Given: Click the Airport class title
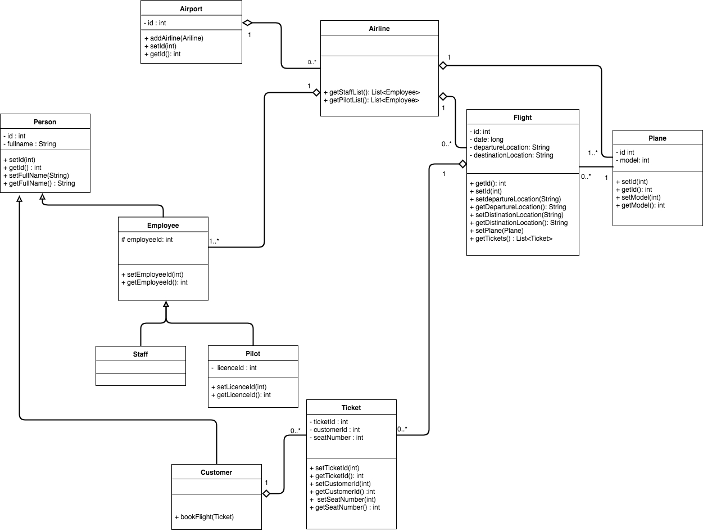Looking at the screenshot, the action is click(191, 9).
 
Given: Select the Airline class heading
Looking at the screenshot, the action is click(379, 29).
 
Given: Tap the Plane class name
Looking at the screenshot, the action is click(657, 138).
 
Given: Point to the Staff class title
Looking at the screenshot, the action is click(140, 354).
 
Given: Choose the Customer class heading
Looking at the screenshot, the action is click(216, 472).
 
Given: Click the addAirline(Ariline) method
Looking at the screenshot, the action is click(174, 38).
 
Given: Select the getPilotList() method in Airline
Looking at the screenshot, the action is click(371, 100).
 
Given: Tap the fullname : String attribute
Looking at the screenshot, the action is click(30, 144).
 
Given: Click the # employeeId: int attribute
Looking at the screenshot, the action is click(147, 240).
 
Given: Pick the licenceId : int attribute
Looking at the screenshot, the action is click(234, 367).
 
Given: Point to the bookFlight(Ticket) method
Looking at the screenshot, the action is click(205, 516).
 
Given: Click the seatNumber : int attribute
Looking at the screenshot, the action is click(336, 438).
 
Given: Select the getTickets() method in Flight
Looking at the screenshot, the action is click(511, 238).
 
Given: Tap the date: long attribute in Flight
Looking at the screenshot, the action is click(487, 139).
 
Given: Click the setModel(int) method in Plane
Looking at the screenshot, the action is click(638, 197).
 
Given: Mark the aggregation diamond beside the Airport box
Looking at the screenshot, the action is click(247, 22).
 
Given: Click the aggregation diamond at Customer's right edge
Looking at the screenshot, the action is click(266, 493).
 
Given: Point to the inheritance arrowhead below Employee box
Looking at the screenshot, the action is click(166, 304).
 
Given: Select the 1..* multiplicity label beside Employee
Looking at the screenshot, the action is click(214, 241).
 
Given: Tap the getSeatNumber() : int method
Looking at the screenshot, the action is click(344, 507).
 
